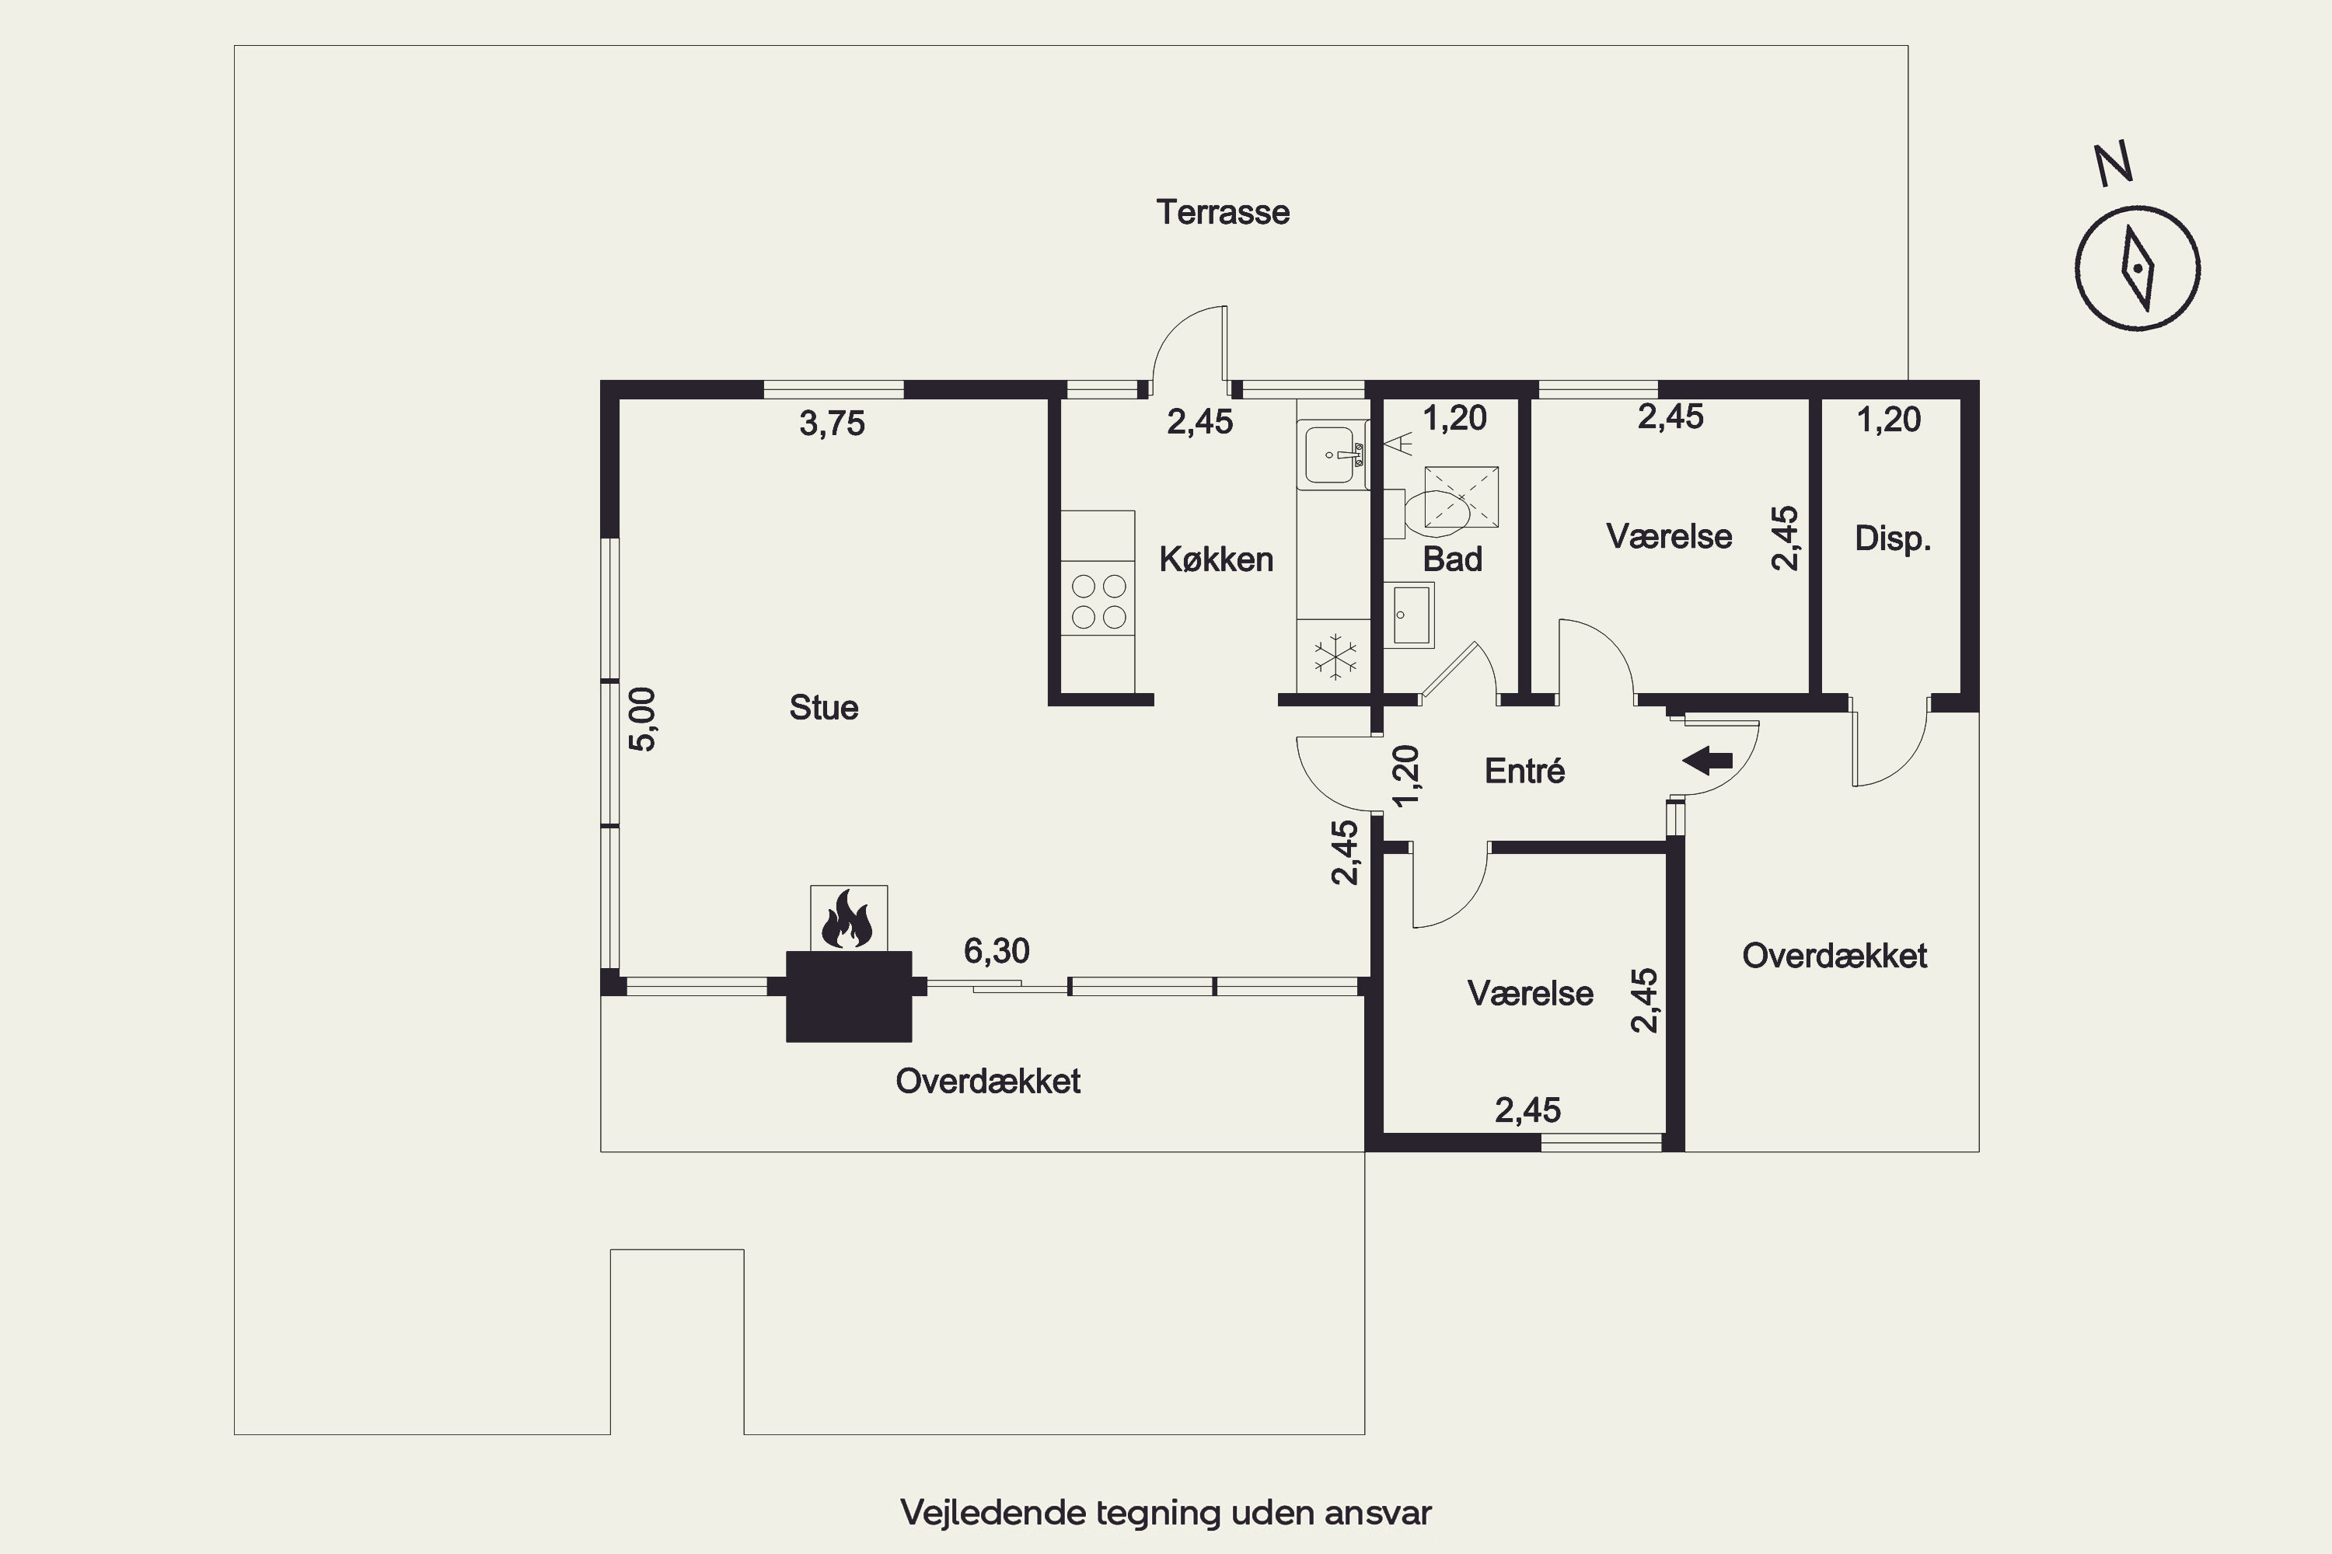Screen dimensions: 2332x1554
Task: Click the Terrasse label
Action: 1223,212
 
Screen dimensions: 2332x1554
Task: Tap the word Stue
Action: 823,708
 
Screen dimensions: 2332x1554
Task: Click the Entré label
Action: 1524,770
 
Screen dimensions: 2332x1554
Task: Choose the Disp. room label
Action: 1893,539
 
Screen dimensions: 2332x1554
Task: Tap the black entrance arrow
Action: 1707,761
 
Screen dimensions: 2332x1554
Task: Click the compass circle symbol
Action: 2137,267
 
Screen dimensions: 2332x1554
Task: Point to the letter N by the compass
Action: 2113,165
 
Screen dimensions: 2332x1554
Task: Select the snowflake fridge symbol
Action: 1335,656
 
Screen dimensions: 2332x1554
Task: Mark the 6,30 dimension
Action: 997,951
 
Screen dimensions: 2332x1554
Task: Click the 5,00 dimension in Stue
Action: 643,720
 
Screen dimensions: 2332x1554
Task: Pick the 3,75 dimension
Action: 832,424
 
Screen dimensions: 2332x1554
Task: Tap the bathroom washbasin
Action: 1408,615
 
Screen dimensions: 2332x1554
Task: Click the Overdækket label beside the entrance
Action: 1835,956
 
